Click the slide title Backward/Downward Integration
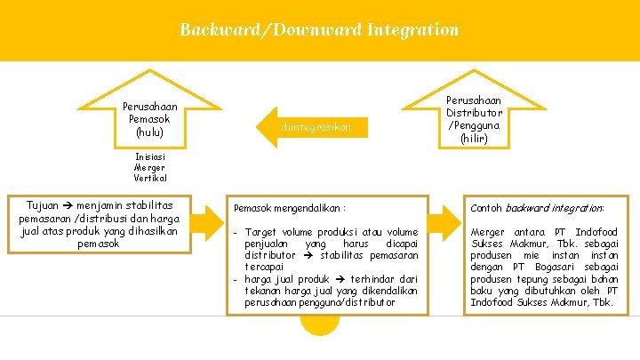click(319, 29)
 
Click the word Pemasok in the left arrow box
click(150, 119)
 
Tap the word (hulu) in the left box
click(150, 132)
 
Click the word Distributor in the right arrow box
click(474, 113)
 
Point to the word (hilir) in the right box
click(474, 138)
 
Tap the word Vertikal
click(149, 178)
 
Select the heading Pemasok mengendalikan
click(290, 207)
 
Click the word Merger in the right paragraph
click(489, 232)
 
